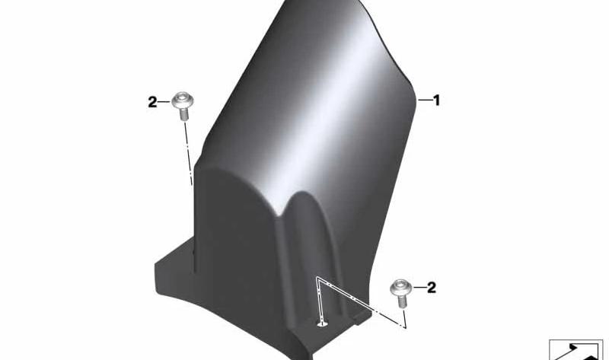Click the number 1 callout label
[436, 100]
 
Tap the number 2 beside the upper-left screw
[152, 102]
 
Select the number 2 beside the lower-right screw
[432, 288]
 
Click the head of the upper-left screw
[183, 100]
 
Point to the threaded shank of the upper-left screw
[184, 115]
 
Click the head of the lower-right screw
[401, 288]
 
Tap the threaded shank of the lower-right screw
[403, 301]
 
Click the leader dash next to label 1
[424, 100]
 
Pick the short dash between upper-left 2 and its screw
[164, 102]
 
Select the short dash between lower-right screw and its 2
[419, 288]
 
